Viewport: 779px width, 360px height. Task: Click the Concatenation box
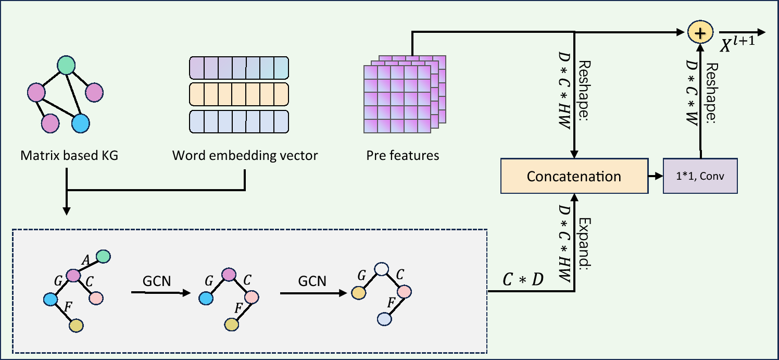pos(574,176)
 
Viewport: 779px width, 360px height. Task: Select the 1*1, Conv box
pos(700,176)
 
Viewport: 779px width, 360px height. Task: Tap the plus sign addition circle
pos(701,33)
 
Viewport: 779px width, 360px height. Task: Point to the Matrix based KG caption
pos(69,155)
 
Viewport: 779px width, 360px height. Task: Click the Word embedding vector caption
pos(245,155)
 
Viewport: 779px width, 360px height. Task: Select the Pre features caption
pos(403,155)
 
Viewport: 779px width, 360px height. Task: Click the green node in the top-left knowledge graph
pos(66,65)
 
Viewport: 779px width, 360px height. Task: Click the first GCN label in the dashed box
pos(157,281)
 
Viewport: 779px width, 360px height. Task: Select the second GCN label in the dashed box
pos(312,281)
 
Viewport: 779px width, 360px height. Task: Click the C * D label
pos(522,280)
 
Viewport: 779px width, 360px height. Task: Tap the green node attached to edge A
pos(103,256)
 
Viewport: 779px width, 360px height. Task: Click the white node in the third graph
pos(382,269)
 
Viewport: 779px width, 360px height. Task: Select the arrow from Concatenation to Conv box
pos(655,176)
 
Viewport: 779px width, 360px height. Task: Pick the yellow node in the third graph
pos(358,293)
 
